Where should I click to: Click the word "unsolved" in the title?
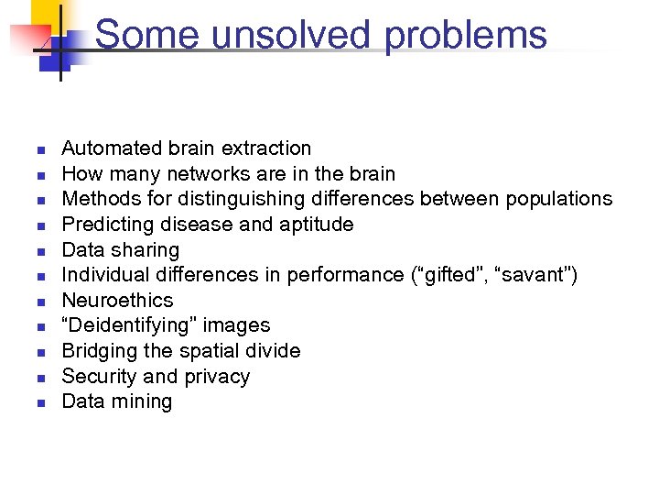click(x=289, y=35)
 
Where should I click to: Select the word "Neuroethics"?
click(x=117, y=301)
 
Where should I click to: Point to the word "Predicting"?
click(x=105, y=225)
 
